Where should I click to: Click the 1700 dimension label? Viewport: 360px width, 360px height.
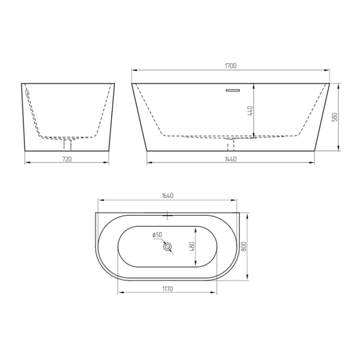[230, 66]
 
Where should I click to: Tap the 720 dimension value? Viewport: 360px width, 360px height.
[67, 159]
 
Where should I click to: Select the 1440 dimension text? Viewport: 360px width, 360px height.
[230, 159]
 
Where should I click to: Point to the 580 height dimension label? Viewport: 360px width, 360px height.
[335, 117]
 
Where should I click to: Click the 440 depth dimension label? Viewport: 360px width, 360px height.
[250, 111]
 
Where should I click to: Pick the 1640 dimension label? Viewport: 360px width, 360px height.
[168, 196]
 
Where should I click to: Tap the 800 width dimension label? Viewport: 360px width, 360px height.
[244, 246]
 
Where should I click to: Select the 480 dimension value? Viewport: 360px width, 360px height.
[192, 246]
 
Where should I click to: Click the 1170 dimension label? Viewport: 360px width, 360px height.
[168, 289]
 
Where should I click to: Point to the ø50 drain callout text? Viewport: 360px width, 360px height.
[157, 235]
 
